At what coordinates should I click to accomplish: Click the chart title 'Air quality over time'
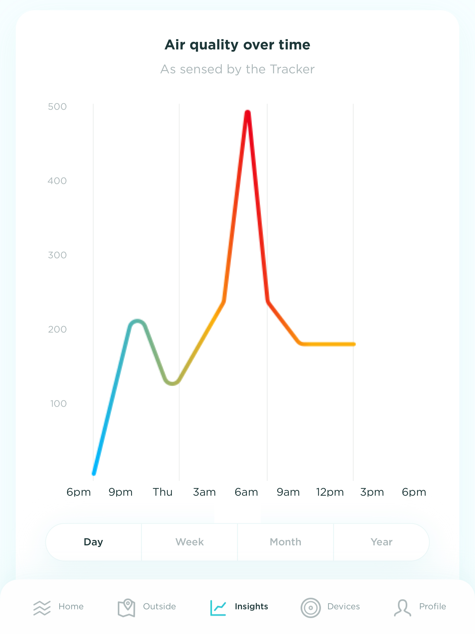tap(237, 45)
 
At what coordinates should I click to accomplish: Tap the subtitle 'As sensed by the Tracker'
tap(237, 69)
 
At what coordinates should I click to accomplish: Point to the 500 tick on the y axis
tap(57, 107)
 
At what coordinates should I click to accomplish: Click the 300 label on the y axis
tap(57, 255)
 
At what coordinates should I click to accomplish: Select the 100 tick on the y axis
tap(58, 404)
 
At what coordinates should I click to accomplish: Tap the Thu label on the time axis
tap(162, 492)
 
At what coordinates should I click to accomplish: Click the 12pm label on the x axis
tap(330, 492)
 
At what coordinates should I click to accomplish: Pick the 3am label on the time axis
tap(204, 492)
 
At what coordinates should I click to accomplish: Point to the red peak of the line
tap(247, 113)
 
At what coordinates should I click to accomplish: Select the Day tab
tap(93, 542)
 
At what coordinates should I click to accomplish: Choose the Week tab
tap(189, 542)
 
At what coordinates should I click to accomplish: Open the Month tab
tap(285, 542)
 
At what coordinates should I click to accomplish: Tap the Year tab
tap(381, 542)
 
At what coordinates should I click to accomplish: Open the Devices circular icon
tap(311, 608)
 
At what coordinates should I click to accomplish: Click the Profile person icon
tap(402, 608)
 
